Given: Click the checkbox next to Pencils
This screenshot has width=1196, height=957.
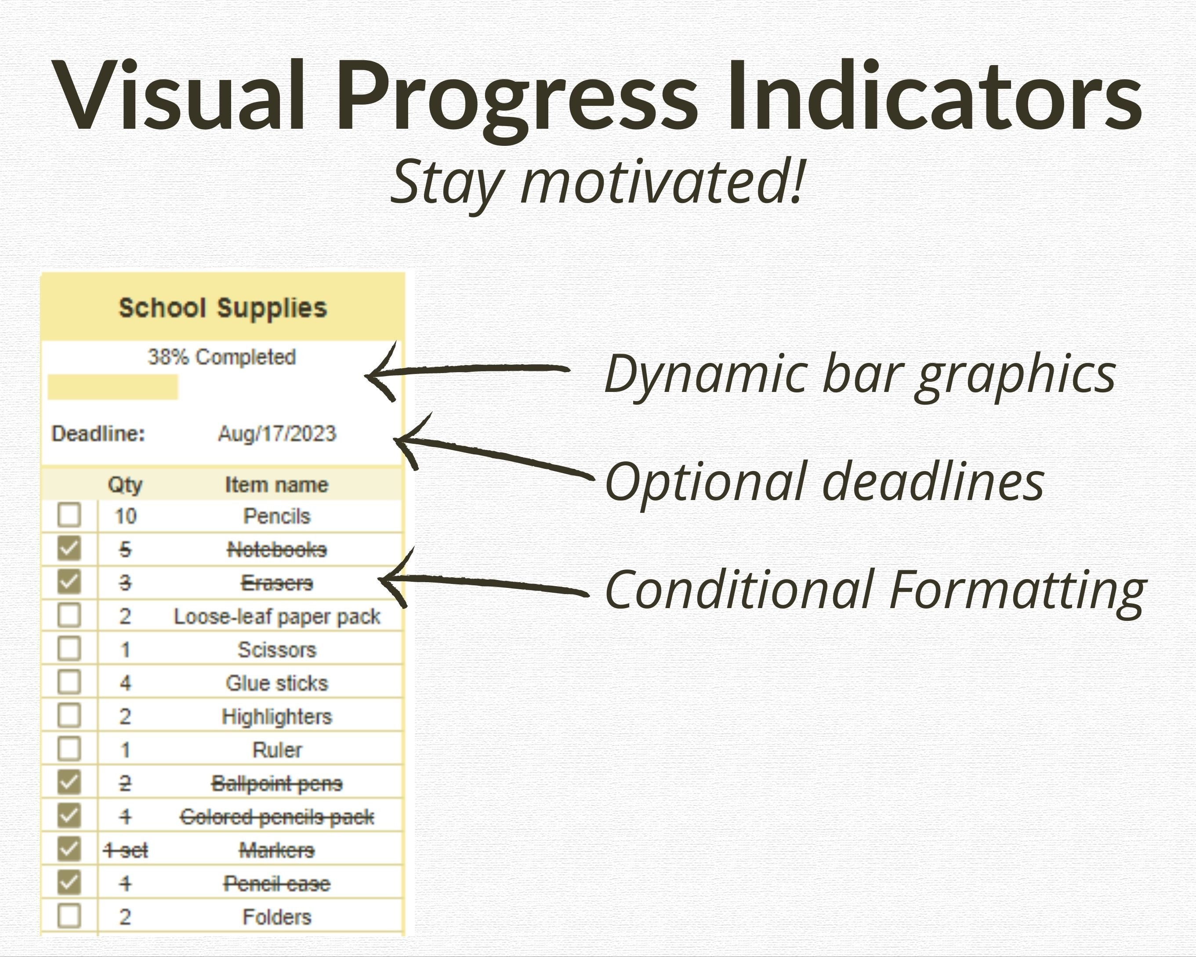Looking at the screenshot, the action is point(69,515).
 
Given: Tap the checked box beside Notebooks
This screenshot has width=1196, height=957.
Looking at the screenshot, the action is point(69,549).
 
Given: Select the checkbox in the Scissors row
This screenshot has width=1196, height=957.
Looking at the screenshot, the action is point(69,649).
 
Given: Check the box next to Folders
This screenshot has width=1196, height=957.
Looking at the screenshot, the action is point(69,916).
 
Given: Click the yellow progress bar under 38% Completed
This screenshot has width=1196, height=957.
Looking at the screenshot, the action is point(112,387).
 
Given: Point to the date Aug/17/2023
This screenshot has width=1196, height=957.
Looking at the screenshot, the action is point(277,434).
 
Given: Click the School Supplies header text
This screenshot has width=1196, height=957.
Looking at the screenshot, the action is point(223,308).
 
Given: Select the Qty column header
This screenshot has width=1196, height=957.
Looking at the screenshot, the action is point(125,486).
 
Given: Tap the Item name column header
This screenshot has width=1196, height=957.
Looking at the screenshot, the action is point(277,485).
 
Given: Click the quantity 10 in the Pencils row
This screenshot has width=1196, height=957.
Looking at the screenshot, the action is point(125,516).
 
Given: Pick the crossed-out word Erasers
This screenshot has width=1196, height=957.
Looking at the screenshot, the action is point(277,583).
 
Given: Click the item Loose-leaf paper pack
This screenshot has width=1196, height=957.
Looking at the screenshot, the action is point(277,617).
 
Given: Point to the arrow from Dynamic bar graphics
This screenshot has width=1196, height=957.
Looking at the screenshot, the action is point(467,370).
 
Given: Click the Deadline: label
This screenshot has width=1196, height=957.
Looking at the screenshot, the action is point(98,434).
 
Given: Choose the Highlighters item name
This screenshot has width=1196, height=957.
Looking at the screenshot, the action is point(277,717).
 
